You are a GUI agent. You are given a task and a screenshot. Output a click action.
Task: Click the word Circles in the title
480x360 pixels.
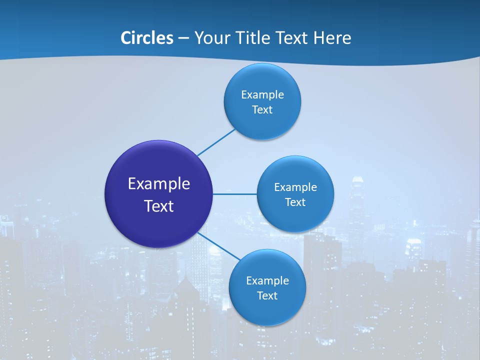(x=147, y=38)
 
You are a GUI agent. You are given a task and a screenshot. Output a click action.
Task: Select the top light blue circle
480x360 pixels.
(x=262, y=122)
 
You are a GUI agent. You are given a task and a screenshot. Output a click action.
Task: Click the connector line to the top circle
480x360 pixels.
(x=216, y=142)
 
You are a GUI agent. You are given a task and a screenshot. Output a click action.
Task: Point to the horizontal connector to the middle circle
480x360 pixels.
(x=234, y=194)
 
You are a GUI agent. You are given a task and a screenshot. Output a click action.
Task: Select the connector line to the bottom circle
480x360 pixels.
(x=219, y=246)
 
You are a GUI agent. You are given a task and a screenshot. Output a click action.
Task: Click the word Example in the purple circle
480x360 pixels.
(x=159, y=184)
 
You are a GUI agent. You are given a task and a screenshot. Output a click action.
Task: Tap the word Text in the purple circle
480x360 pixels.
(x=159, y=206)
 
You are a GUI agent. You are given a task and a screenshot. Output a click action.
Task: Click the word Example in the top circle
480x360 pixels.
(x=262, y=95)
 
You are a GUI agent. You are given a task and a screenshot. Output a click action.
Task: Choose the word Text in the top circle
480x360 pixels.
(x=262, y=110)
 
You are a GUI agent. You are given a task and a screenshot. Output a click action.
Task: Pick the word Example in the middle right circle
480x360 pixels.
(x=295, y=187)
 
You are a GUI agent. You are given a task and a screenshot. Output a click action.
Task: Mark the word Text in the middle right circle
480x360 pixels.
(x=295, y=202)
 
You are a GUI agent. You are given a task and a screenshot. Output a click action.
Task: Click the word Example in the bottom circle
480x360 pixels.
(x=267, y=281)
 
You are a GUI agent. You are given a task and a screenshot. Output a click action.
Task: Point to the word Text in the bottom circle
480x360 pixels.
(x=267, y=296)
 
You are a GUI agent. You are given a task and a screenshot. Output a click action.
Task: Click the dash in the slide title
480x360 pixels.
(x=183, y=38)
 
